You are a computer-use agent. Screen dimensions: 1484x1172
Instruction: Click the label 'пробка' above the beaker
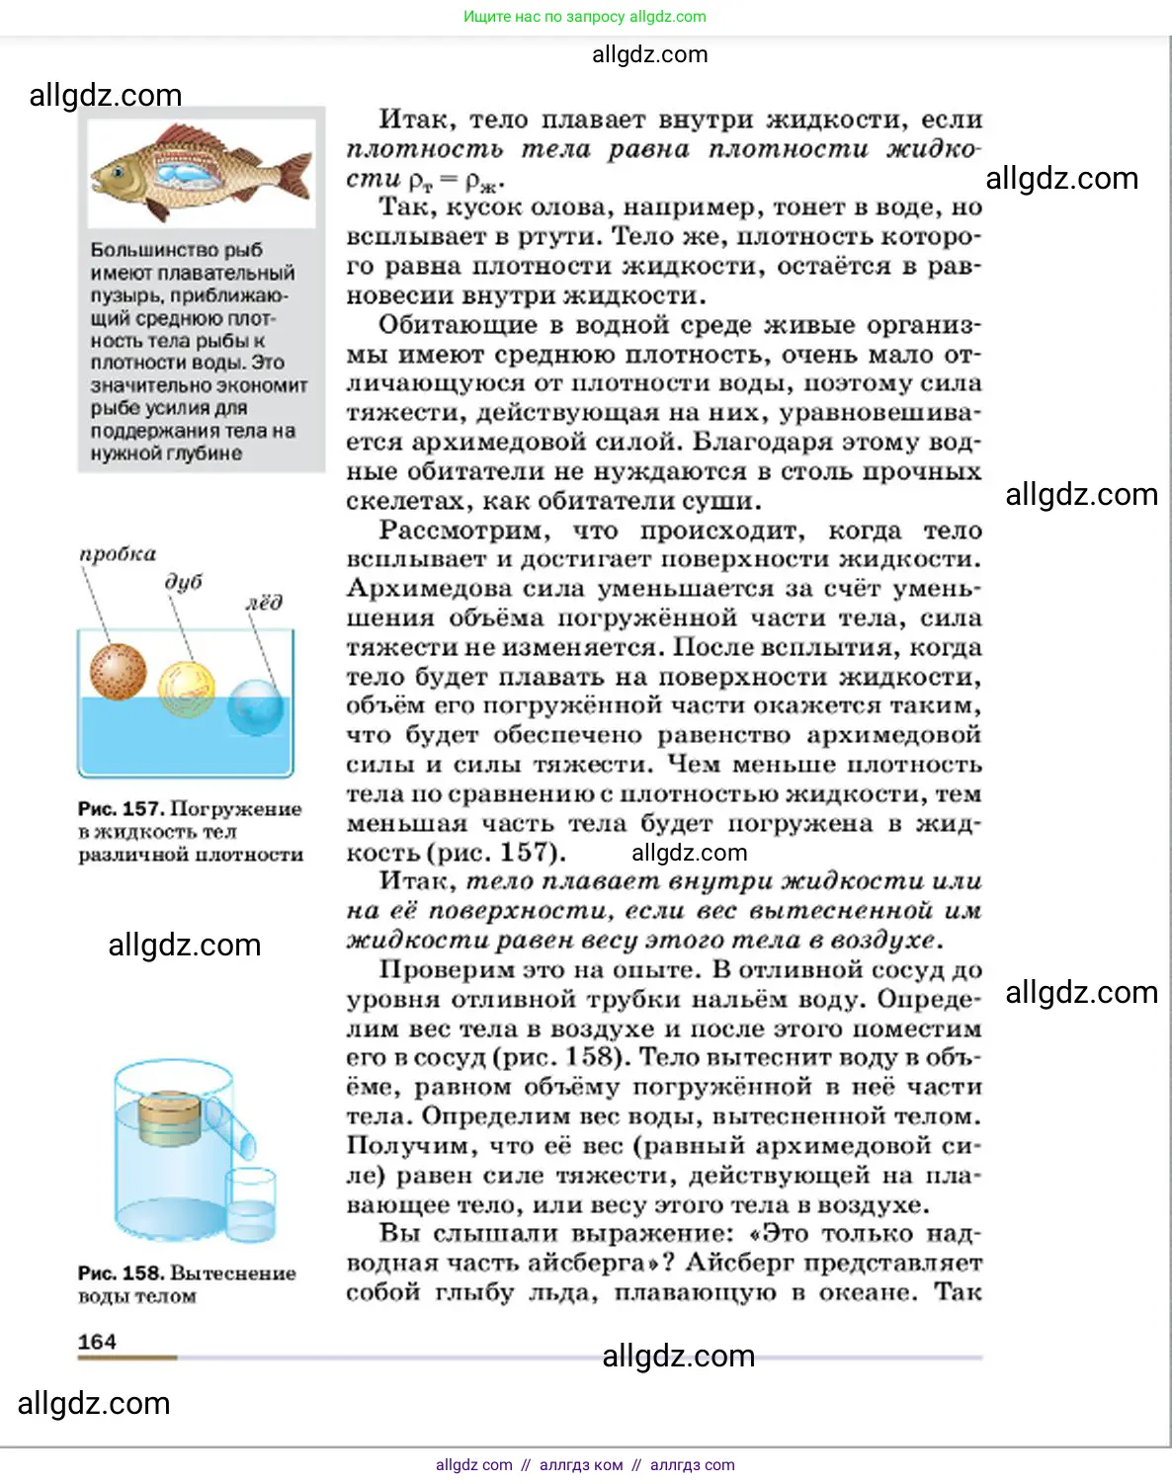click(118, 554)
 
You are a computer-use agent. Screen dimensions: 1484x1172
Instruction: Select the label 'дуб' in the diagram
click(184, 581)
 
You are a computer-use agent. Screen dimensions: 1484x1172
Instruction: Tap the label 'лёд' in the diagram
click(264, 602)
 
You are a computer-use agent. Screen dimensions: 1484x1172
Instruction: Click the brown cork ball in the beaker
click(118, 671)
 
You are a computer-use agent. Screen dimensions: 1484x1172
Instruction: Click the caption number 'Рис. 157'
click(121, 809)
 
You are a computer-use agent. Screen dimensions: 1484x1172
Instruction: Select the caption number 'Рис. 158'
click(121, 1274)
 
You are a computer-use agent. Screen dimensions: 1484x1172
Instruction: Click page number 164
click(97, 1342)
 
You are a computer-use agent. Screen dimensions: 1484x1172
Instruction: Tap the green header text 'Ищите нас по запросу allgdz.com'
click(585, 17)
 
